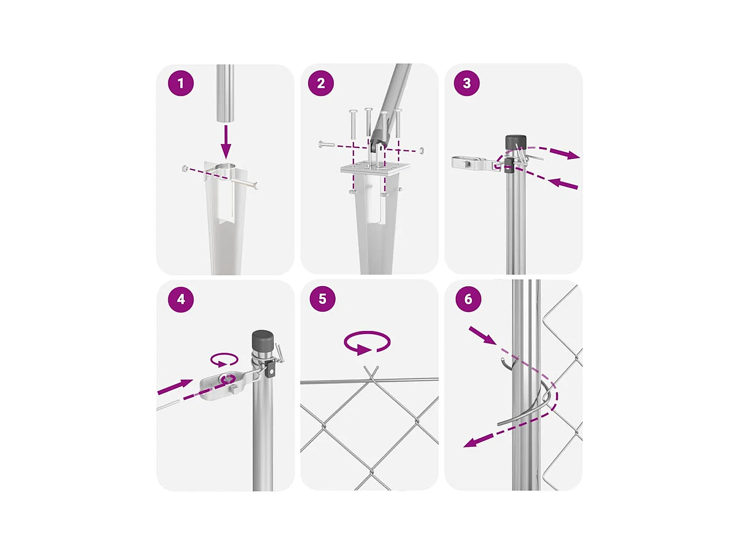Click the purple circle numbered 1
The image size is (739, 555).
pyautogui.click(x=180, y=83)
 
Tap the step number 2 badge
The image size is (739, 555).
pyautogui.click(x=321, y=83)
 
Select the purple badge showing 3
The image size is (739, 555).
pyautogui.click(x=466, y=83)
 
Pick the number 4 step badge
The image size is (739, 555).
pyautogui.click(x=180, y=299)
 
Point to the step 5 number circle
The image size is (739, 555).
pyautogui.click(x=322, y=298)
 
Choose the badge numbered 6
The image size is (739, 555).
pyautogui.click(x=468, y=299)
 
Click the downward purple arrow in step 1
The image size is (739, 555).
pyautogui.click(x=226, y=142)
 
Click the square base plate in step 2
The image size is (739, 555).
pyautogui.click(x=375, y=167)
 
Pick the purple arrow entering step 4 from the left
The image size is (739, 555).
pyautogui.click(x=175, y=386)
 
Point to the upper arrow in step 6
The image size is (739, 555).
pyautogui.click(x=482, y=335)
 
